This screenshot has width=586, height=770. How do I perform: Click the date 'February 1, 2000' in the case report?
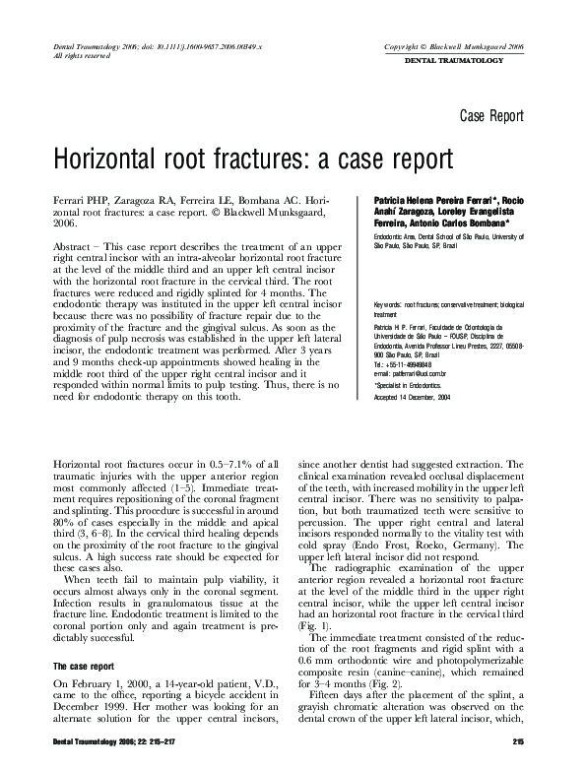coord(102,656)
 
